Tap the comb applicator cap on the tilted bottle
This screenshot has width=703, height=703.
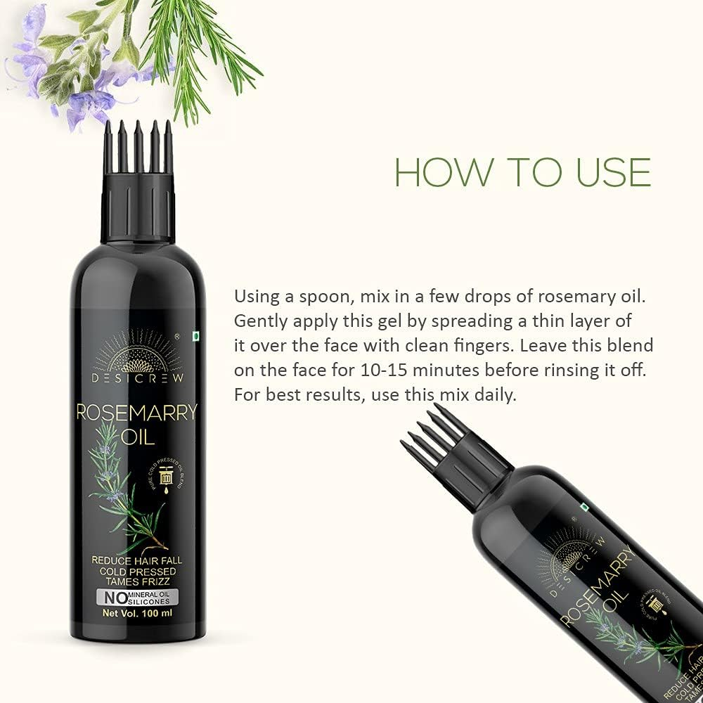(457, 450)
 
